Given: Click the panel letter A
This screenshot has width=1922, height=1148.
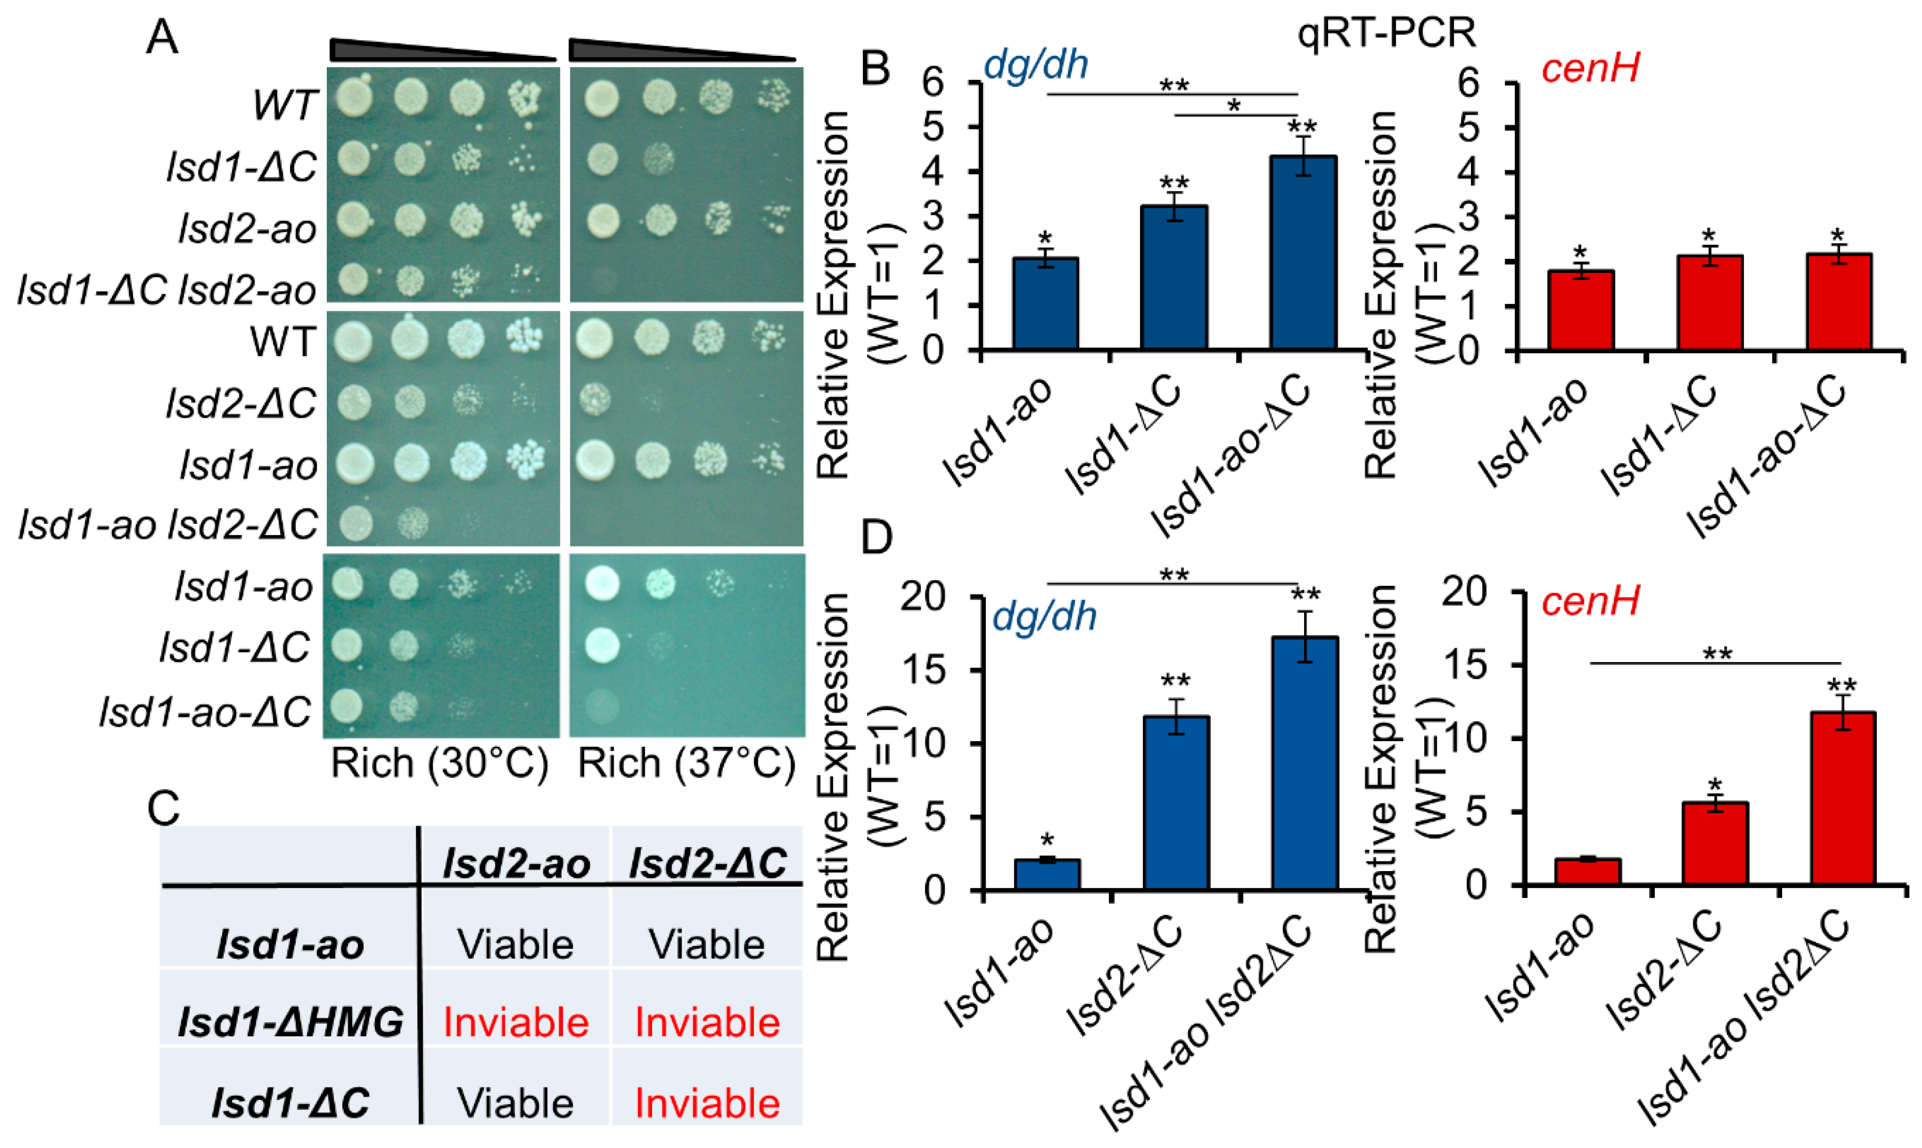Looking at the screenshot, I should (162, 36).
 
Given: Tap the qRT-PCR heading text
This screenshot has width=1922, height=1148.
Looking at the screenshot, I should (1386, 33).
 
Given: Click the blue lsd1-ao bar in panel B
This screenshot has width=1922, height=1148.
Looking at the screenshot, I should (1046, 303).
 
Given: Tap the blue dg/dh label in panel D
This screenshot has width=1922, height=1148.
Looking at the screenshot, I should (1044, 616).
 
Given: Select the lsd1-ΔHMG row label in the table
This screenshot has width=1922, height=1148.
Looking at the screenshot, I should (290, 1022).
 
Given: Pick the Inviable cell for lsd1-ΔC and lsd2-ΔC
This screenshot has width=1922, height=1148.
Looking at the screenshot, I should (707, 1102).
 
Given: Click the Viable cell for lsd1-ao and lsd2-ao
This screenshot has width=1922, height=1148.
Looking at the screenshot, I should (515, 945).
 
